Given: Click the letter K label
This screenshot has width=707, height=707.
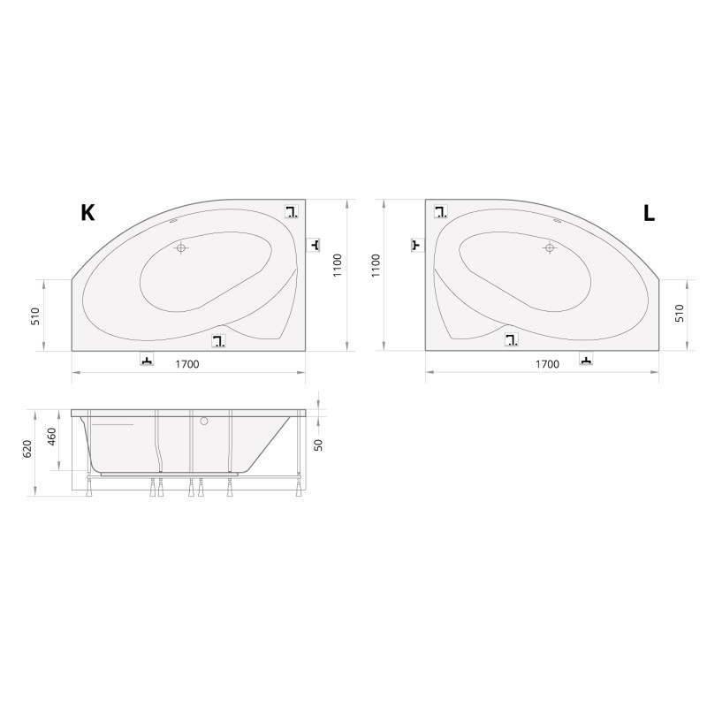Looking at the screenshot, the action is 87,212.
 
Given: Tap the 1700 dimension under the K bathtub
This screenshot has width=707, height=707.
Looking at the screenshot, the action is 187,364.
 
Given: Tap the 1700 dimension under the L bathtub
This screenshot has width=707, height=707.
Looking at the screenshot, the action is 547,364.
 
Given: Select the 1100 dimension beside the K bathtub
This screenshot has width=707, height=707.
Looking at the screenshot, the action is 338,266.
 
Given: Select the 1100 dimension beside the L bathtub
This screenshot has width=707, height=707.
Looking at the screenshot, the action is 376,266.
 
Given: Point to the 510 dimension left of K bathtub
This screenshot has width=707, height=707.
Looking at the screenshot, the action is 35,315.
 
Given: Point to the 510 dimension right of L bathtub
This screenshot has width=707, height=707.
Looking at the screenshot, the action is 680,313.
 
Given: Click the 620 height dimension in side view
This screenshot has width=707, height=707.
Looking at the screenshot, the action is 27,449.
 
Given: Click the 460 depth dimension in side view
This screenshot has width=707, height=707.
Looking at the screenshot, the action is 52,437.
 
